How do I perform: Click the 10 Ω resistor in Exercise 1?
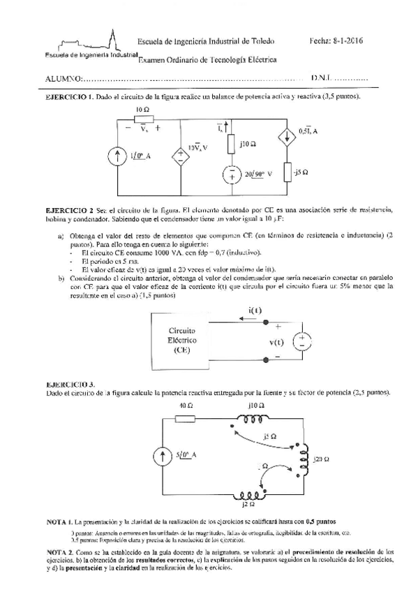coord(143,119)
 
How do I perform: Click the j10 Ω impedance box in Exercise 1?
coord(231,145)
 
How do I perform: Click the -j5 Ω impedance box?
coord(288,172)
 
